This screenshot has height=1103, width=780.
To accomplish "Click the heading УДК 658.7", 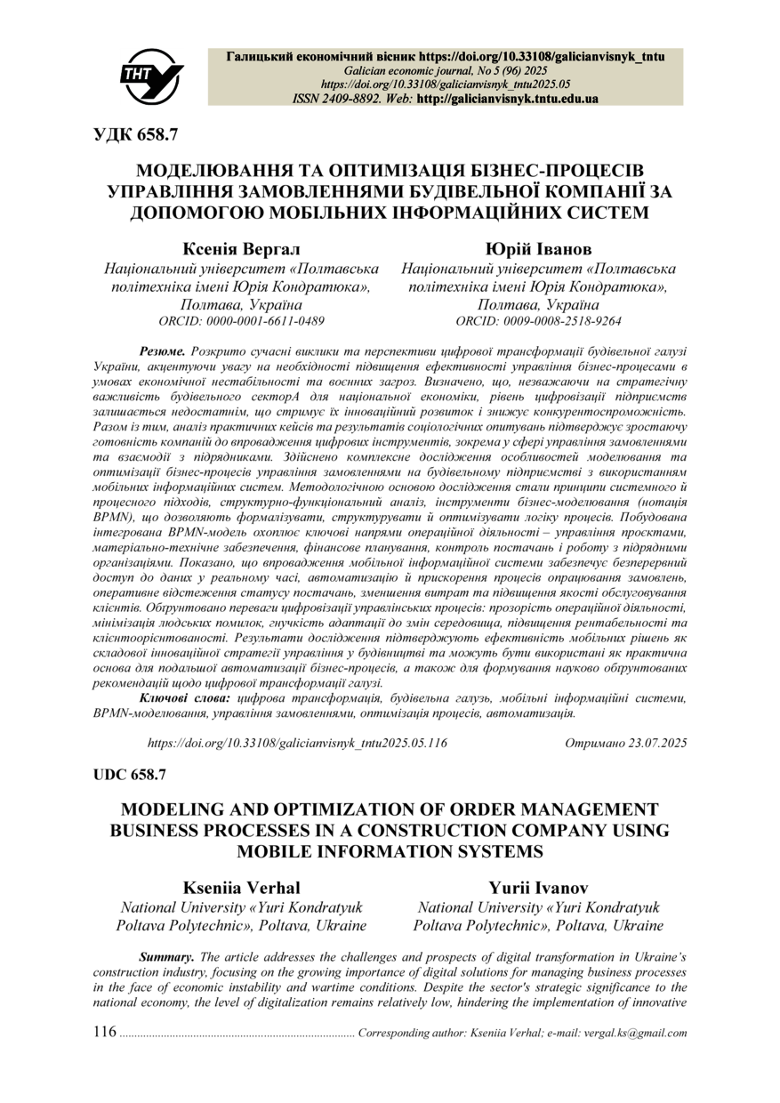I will [136, 135].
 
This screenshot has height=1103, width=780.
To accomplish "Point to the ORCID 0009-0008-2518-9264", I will [538, 320].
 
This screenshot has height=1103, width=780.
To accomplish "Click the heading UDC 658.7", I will [130, 775].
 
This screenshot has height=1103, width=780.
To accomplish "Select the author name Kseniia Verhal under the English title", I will [241, 888].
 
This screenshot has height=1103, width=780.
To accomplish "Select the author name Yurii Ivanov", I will [538, 888].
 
